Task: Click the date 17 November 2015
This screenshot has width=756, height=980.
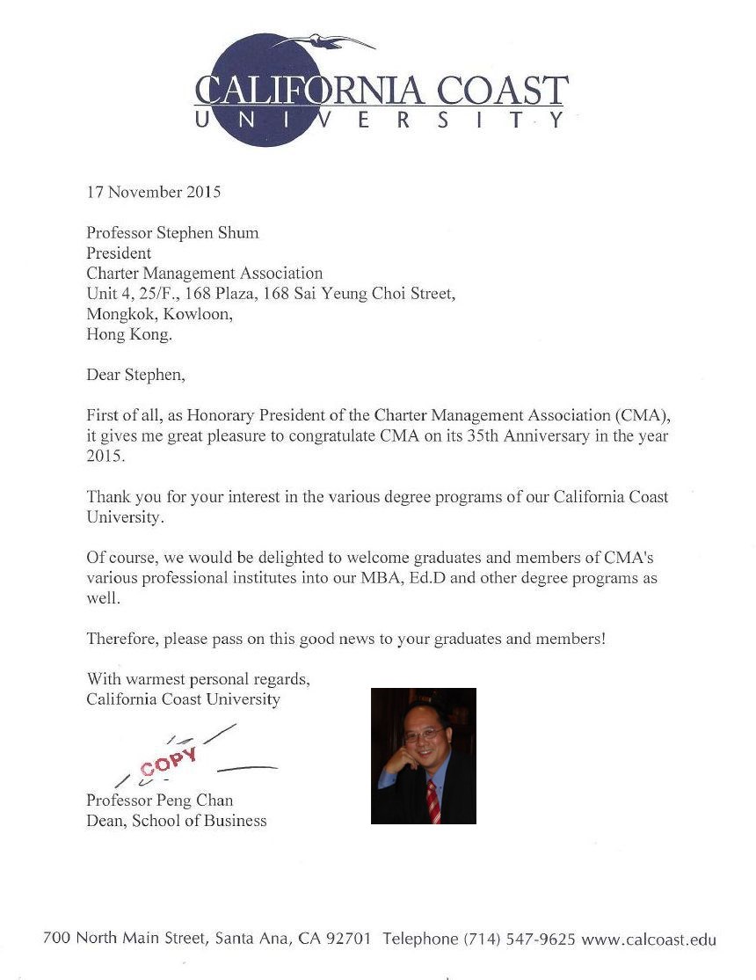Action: (154, 191)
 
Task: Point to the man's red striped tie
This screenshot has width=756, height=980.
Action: (433, 797)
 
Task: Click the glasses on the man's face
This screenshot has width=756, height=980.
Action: (422, 732)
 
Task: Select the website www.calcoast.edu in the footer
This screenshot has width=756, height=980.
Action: (649, 939)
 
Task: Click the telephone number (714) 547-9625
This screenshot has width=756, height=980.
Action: (520, 939)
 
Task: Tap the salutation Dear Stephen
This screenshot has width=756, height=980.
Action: (136, 375)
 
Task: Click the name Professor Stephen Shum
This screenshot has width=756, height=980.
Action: (172, 233)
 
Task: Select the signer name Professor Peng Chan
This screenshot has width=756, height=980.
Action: (159, 800)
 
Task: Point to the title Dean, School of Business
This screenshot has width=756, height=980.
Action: (176, 821)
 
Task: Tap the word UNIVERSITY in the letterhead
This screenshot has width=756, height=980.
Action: (380, 121)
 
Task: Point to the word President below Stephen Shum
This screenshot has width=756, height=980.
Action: (119, 253)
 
